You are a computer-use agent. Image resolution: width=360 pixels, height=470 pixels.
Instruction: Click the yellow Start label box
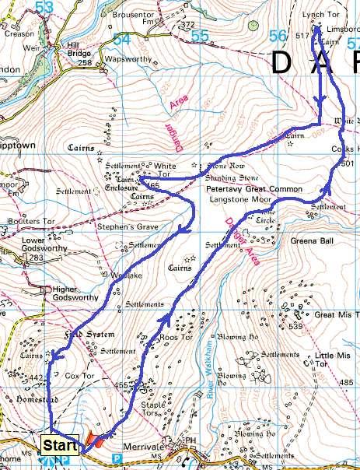[x=60, y=446]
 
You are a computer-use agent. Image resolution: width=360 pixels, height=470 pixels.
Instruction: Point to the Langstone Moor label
[x=239, y=199]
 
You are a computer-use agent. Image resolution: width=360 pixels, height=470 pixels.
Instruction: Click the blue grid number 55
[x=200, y=37]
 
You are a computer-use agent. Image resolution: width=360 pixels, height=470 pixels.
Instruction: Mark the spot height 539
[x=295, y=327]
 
